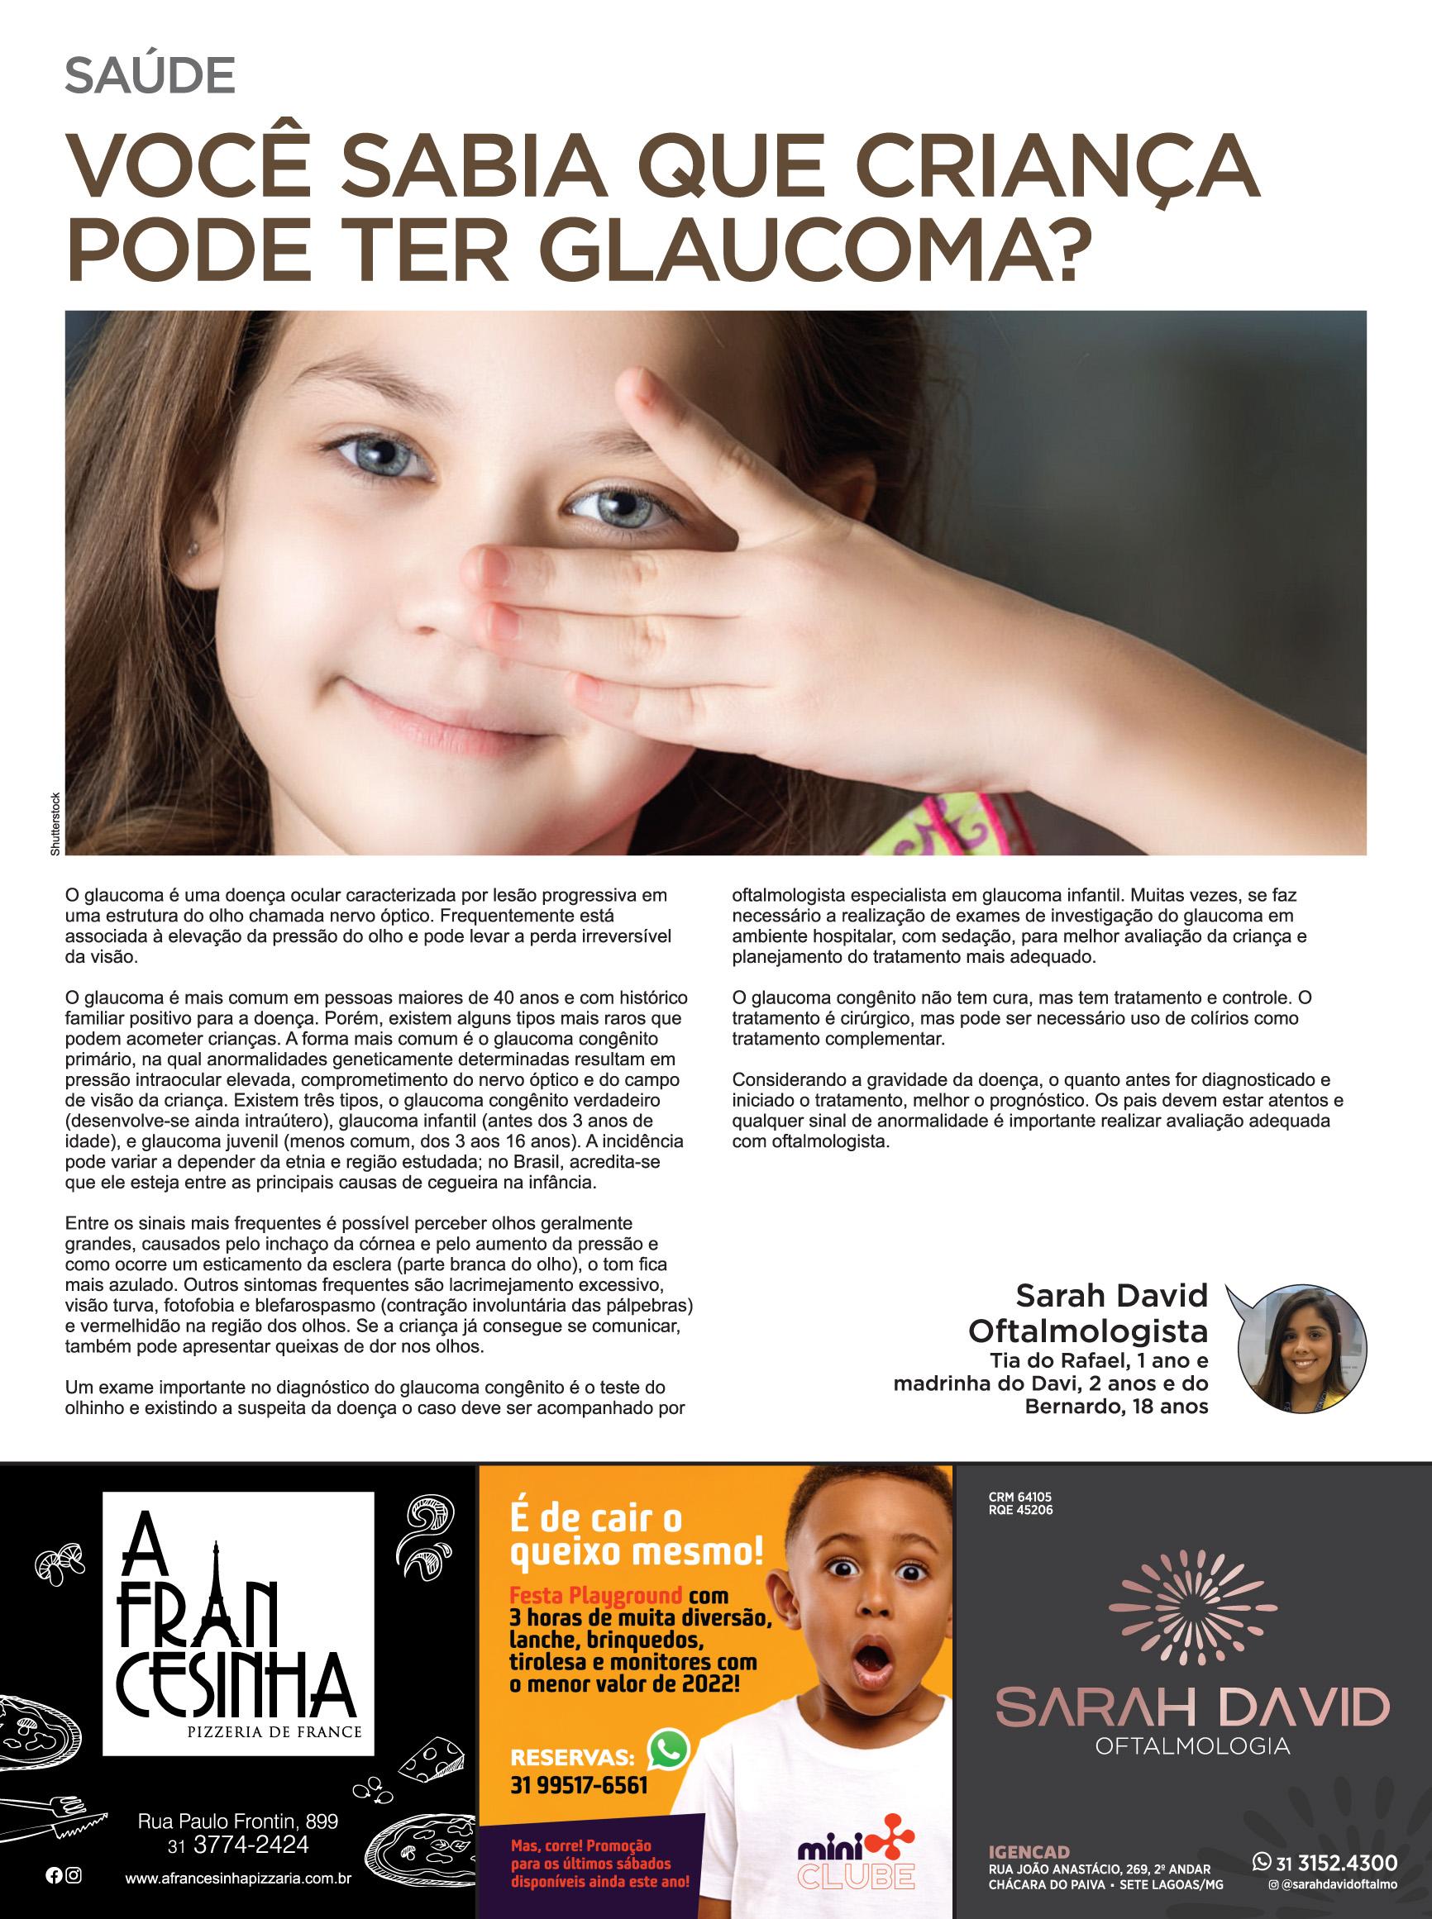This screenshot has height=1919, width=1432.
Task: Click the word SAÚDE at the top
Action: coord(150,77)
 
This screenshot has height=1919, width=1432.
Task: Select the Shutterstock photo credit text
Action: coord(55,825)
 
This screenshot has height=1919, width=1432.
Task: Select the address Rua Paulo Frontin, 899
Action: coord(238,1822)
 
